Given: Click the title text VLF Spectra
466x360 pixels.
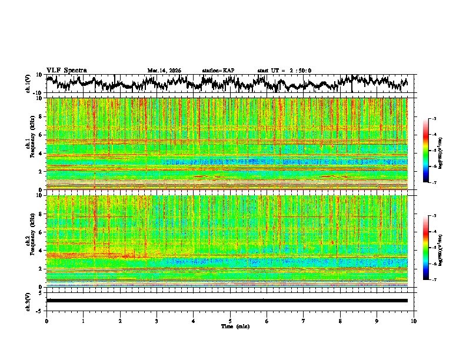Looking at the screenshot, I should pyautogui.click(x=66, y=70).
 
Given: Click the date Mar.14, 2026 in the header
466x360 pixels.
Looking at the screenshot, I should pyautogui.click(x=164, y=71).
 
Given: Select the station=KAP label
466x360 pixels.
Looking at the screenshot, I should pyautogui.click(x=218, y=71).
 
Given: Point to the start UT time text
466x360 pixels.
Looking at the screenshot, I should pyautogui.click(x=284, y=71).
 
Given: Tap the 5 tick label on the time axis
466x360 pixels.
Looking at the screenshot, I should pyautogui.click(x=230, y=321).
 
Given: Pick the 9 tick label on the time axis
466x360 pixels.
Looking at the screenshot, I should pyautogui.click(x=377, y=321).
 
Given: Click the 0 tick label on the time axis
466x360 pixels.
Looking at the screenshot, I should pyautogui.click(x=46, y=321).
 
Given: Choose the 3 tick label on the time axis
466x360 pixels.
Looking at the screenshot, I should pyautogui.click(x=157, y=321).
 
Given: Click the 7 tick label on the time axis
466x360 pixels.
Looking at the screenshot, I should pyautogui.click(x=304, y=321).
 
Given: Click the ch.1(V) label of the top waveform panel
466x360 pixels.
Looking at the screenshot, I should pyautogui.click(x=28, y=84).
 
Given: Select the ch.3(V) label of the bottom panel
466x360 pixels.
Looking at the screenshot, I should pyautogui.click(x=28, y=300).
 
